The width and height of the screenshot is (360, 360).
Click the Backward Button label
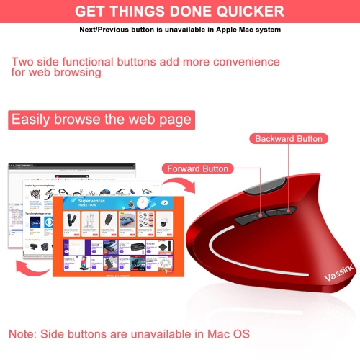288,138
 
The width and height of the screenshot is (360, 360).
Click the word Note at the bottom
25,334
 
